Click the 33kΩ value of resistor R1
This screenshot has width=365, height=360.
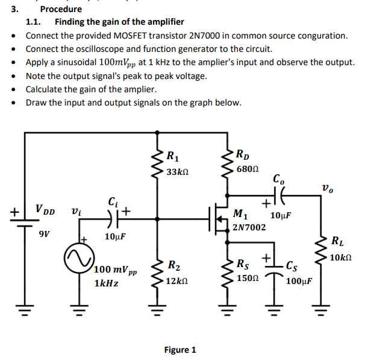[178, 172]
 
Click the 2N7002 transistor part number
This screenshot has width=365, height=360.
[249, 227]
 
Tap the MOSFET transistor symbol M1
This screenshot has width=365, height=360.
[218, 215]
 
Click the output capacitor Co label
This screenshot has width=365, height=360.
[279, 179]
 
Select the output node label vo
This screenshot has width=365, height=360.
[328, 189]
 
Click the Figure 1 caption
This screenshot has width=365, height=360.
[180, 350]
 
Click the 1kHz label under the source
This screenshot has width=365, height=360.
[106, 282]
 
